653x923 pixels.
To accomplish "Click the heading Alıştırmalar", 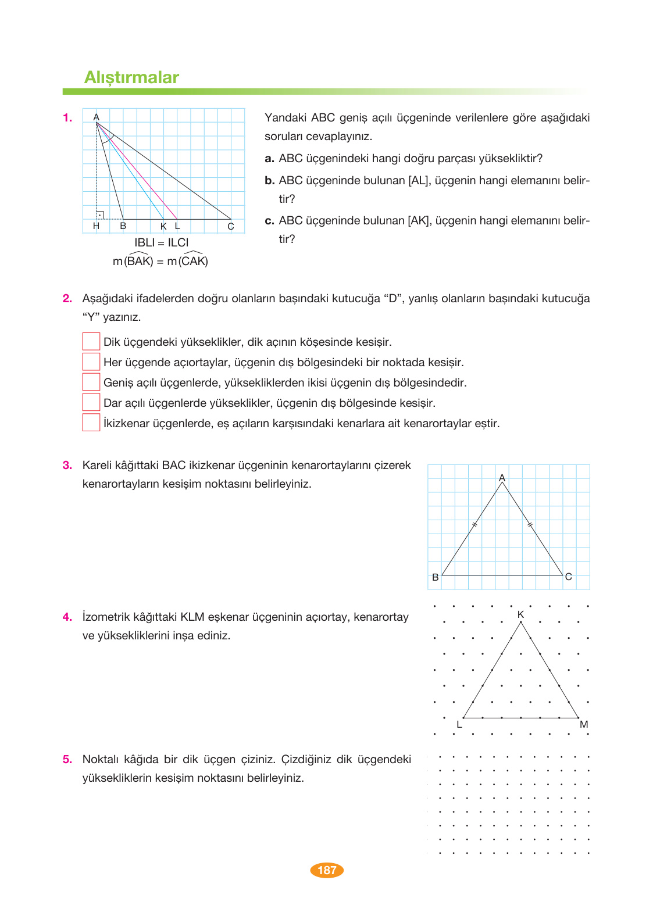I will [x=131, y=77].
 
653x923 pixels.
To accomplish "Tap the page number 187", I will [x=327, y=870].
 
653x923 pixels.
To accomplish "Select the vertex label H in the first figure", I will [x=96, y=226].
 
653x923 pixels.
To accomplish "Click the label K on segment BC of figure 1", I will [x=163, y=226].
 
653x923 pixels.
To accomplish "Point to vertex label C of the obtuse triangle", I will [x=231, y=227].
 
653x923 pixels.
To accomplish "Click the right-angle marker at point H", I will [x=100, y=215].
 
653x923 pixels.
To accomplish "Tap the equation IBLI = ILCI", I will [x=162, y=242].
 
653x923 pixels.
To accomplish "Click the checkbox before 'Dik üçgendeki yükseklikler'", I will [x=91, y=341].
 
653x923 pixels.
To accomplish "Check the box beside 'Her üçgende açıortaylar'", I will [x=91, y=362].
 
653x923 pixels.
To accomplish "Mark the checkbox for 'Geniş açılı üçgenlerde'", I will [x=91, y=382].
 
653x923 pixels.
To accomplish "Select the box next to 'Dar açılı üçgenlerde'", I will [x=91, y=402].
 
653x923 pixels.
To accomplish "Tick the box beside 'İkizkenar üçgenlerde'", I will [x=91, y=423].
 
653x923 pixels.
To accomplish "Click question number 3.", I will [x=67, y=465].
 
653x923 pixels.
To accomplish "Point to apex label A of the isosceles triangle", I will [x=502, y=478].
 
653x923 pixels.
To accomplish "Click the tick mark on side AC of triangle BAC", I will [x=530, y=525].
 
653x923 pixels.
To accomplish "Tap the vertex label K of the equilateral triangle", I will [x=520, y=614].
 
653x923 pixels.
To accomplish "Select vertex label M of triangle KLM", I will [x=584, y=724].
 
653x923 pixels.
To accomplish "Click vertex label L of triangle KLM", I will [x=459, y=724].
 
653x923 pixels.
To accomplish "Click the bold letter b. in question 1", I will [x=269, y=181].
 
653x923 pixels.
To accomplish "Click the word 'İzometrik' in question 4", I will [x=106, y=617].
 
